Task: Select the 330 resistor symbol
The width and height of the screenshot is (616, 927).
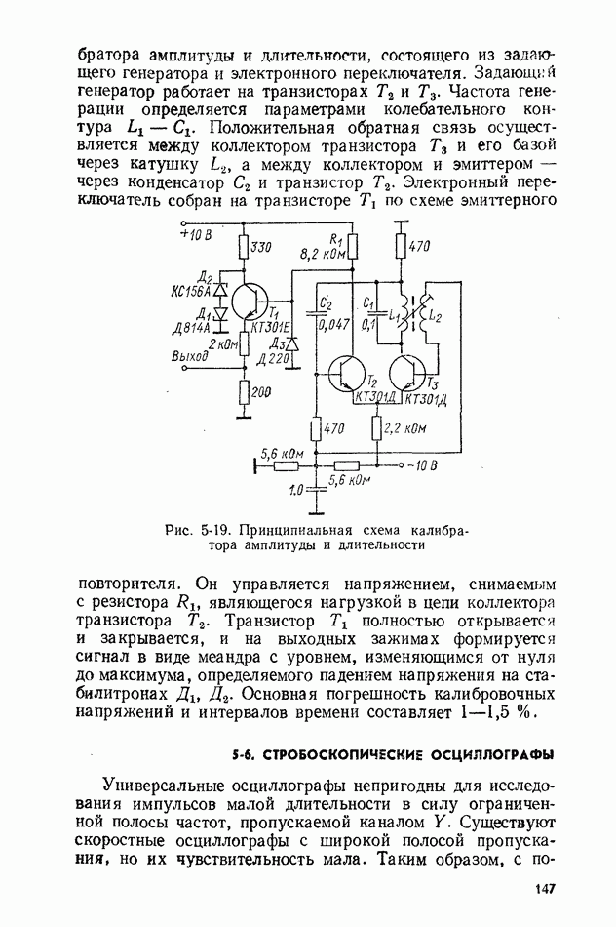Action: pyautogui.click(x=243, y=251)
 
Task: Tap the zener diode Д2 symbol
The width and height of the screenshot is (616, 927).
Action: pyautogui.click(x=219, y=289)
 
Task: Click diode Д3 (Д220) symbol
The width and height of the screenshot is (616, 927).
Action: pyautogui.click(x=289, y=343)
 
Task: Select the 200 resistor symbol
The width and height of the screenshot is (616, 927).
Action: pyautogui.click(x=243, y=392)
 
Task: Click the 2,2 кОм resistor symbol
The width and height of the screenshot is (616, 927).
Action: pyautogui.click(x=377, y=427)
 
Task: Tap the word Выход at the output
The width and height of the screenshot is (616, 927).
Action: pyautogui.click(x=190, y=357)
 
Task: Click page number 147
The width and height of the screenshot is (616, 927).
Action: pyautogui.click(x=543, y=887)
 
